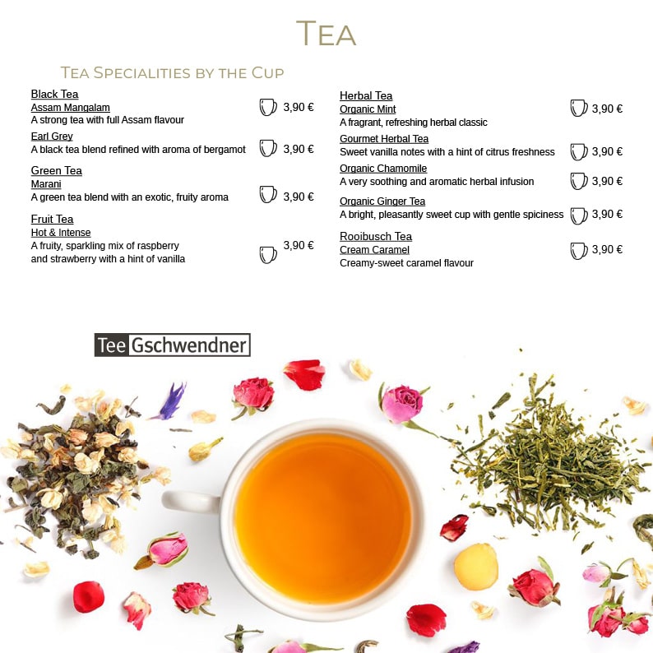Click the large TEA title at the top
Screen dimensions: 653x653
click(x=326, y=34)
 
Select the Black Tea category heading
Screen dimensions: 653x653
click(x=54, y=94)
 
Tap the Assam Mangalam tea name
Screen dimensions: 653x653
click(x=71, y=108)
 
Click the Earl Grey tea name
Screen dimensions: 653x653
click(x=52, y=137)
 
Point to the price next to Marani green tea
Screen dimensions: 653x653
click(x=299, y=197)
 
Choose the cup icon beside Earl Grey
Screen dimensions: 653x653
click(x=268, y=148)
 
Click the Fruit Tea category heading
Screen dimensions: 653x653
click(x=52, y=219)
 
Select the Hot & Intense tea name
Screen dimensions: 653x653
click(x=61, y=233)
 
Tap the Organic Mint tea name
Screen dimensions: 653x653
click(x=368, y=109)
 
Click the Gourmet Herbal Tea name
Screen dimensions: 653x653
click(x=384, y=139)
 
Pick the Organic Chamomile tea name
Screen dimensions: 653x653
click(x=383, y=169)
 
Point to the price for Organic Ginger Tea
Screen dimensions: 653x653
click(x=607, y=214)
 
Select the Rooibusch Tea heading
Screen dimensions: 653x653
click(x=376, y=237)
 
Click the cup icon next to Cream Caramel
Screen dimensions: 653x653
click(x=578, y=251)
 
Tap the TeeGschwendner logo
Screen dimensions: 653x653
click(x=173, y=345)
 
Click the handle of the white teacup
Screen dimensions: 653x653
click(x=189, y=501)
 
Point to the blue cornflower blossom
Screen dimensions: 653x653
click(x=171, y=401)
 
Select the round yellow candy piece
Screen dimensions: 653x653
click(x=476, y=567)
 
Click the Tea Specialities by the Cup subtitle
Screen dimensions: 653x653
click(x=172, y=73)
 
